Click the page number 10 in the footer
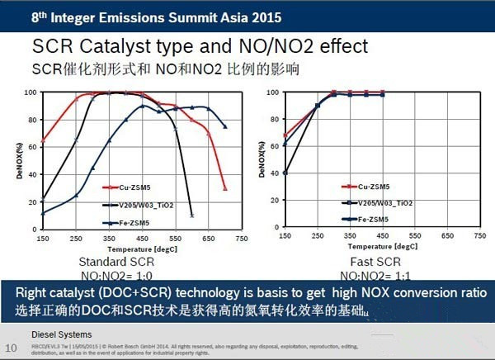pyautogui.click(x=11, y=347)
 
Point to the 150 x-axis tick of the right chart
pyautogui.click(x=285, y=236)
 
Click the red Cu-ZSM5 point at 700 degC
pyautogui.click(x=225, y=189)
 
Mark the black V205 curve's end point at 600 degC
pyautogui.click(x=191, y=216)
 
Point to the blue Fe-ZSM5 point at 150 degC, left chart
pyautogui.click(x=42, y=213)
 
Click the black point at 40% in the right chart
pyautogui.click(x=285, y=173)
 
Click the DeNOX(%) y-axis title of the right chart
pyautogui.click(x=262, y=160)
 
